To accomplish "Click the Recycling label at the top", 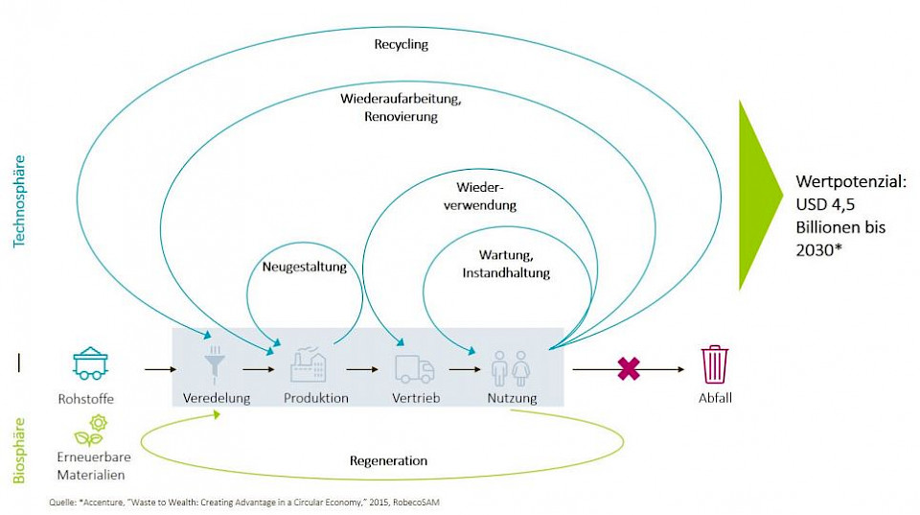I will (x=402, y=45).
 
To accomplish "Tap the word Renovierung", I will (x=401, y=117).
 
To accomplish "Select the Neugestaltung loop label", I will (x=304, y=269).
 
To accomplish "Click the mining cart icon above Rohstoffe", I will (x=90, y=363).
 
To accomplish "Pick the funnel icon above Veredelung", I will (x=216, y=366).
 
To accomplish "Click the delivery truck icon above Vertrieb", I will (x=414, y=368).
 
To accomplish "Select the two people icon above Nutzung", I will (x=510, y=367).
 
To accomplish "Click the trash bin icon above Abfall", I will (x=714, y=365).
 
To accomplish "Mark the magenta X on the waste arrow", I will (x=628, y=368).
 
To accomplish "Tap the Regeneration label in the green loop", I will (x=388, y=461).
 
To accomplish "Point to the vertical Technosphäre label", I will (x=19, y=202).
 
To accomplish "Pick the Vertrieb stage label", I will (x=415, y=398).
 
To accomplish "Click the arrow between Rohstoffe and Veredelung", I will (x=161, y=368).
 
